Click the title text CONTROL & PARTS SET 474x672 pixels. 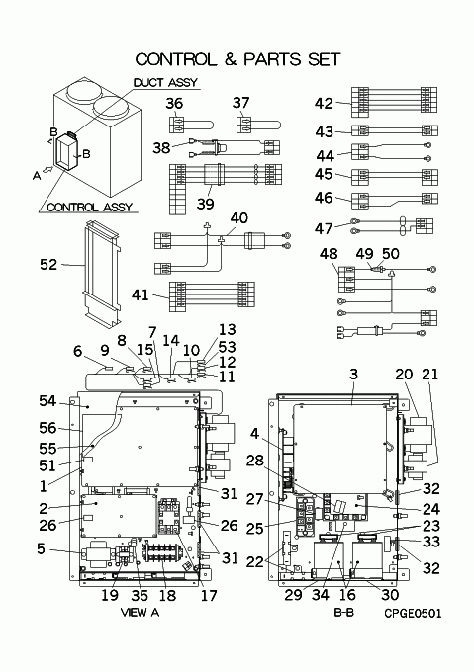(238, 59)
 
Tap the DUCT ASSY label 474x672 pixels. (165, 82)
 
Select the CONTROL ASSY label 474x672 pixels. (89, 208)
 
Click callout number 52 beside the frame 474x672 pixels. (48, 265)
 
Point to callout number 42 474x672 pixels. (324, 104)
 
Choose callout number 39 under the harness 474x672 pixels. (205, 204)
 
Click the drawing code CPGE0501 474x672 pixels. (413, 614)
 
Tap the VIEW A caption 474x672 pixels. (140, 613)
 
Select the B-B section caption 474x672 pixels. (344, 613)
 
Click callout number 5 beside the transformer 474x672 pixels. (41, 548)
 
